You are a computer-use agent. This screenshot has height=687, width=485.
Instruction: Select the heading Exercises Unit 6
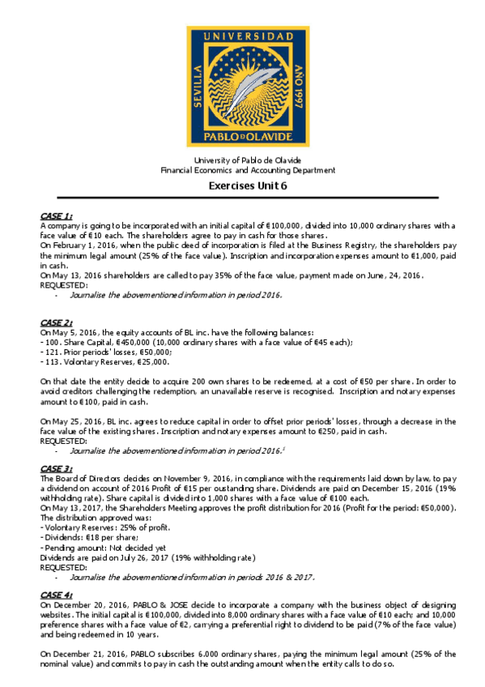click(247, 186)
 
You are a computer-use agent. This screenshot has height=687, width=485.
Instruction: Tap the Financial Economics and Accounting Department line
click(247, 170)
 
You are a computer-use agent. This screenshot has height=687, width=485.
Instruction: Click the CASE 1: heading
click(57, 215)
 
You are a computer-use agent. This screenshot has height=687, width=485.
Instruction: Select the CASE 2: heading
click(57, 323)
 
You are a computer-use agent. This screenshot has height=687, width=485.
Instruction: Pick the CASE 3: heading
click(57, 469)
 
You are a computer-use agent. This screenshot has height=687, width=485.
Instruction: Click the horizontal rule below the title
click(247, 198)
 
